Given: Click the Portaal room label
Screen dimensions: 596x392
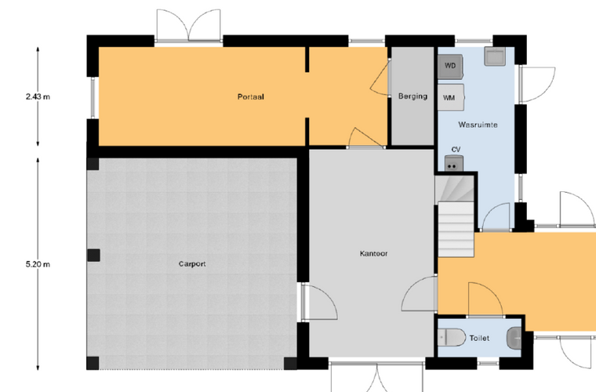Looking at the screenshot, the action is (x=250, y=97).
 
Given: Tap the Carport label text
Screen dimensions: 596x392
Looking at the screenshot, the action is (x=192, y=264).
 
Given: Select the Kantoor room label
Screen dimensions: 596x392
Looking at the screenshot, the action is (x=373, y=253).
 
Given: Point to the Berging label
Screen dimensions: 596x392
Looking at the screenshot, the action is (x=412, y=96).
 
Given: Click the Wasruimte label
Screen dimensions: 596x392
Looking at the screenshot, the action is (x=478, y=125).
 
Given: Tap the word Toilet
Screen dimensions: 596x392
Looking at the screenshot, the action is (x=479, y=338).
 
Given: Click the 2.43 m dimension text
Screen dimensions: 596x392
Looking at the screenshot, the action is (x=38, y=97).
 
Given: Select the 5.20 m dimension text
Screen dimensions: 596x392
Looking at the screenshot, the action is (x=38, y=264).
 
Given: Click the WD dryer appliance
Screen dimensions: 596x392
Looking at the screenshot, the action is (x=450, y=67).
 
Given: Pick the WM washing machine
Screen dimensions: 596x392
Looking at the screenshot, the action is (x=451, y=98).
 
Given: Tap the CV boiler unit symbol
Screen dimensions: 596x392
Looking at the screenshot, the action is (x=454, y=163).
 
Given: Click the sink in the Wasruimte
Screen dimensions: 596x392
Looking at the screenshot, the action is (x=494, y=56).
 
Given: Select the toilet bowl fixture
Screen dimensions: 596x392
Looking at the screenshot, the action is (x=452, y=337).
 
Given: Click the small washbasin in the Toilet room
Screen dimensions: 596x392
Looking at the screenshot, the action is (x=514, y=338).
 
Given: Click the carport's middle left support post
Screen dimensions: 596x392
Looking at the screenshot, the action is (x=93, y=256).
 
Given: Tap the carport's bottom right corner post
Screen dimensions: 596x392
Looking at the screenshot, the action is (x=290, y=364).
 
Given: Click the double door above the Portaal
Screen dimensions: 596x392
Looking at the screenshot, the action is (x=188, y=25).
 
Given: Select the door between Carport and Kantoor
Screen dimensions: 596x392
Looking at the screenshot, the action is (x=318, y=303).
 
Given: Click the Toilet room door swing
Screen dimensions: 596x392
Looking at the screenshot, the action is (x=485, y=299).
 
